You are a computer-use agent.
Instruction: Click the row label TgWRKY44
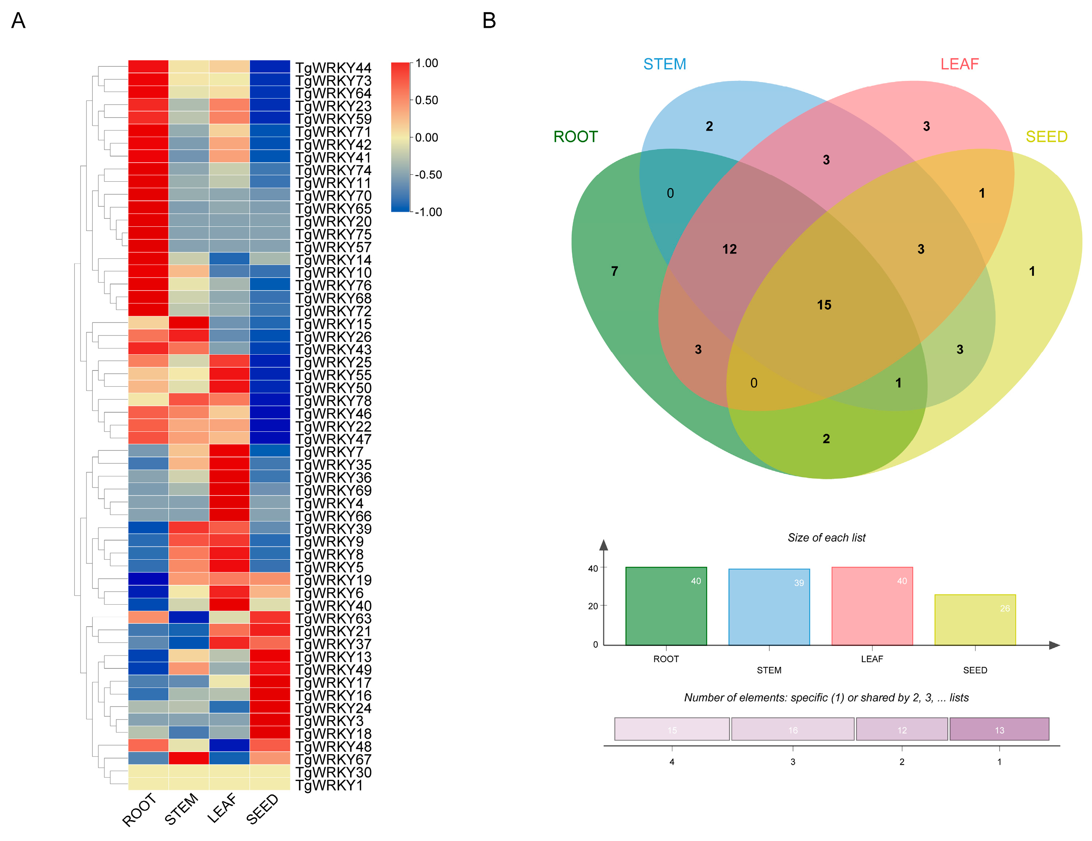coord(333,67)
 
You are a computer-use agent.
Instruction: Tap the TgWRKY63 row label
coord(333,618)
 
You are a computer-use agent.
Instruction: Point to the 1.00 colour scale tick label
coord(427,63)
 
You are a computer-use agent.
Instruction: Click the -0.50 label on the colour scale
coord(428,175)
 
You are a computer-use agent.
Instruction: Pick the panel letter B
coord(489,21)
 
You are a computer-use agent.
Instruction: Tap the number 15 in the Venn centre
coord(824,305)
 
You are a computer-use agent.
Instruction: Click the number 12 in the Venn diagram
coord(729,249)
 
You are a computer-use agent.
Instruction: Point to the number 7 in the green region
coord(614,271)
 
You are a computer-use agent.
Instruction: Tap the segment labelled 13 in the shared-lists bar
coord(999,730)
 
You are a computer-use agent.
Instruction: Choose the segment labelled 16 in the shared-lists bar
coord(792,730)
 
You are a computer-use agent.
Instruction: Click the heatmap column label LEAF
coord(223,808)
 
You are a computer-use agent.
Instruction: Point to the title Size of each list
coord(826,538)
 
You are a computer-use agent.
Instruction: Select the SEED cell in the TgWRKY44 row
coord(269,66)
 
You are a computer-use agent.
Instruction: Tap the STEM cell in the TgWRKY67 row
coord(188,758)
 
